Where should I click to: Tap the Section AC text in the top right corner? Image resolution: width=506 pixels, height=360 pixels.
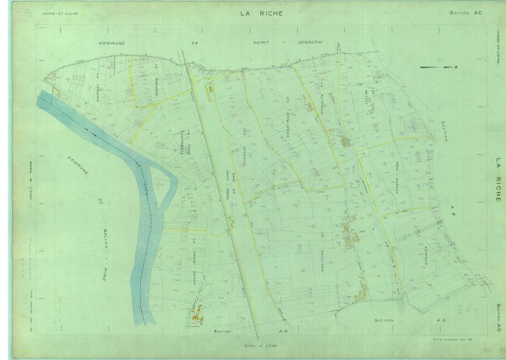[466, 13]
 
